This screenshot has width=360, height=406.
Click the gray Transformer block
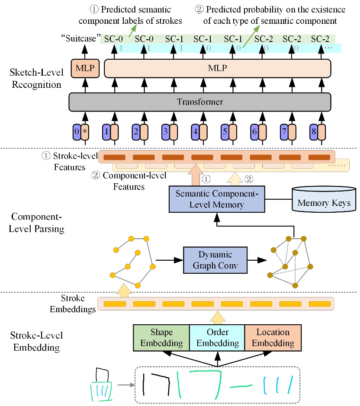199,102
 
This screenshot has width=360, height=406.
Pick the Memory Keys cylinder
324,201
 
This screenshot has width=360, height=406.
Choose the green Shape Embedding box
161,338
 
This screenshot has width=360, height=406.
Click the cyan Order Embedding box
217,338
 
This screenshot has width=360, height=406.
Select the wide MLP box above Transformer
218,68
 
